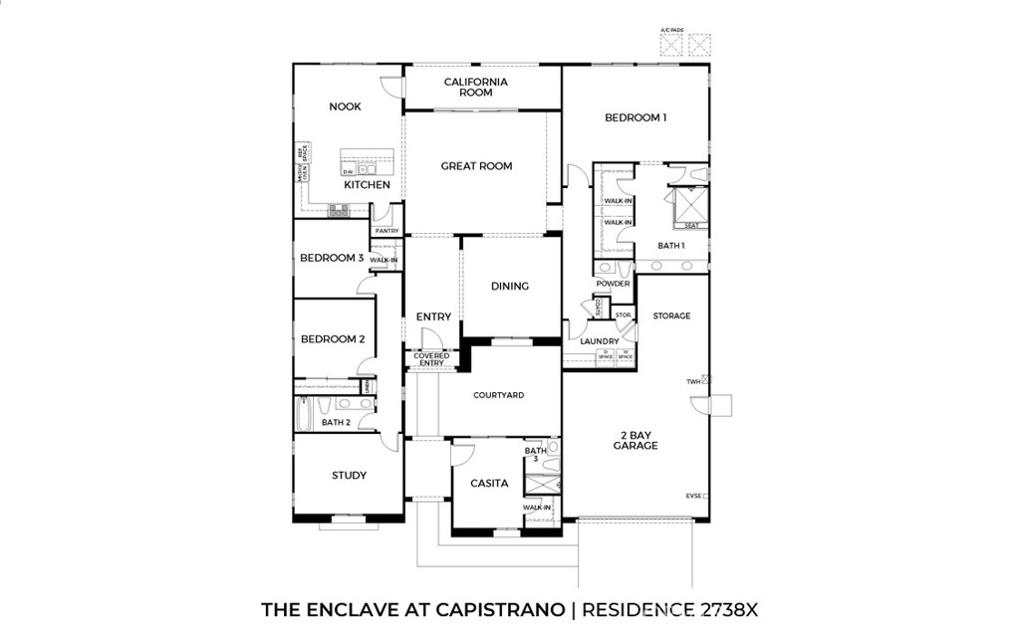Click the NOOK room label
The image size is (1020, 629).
click(345, 106)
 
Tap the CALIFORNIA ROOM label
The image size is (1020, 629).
click(476, 87)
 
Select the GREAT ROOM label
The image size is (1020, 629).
click(476, 166)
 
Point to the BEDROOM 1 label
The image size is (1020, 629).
click(636, 117)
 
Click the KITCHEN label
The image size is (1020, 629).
click(367, 185)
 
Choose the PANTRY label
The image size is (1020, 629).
click(386, 231)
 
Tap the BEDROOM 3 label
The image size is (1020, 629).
click(332, 258)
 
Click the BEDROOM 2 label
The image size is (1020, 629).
click(333, 339)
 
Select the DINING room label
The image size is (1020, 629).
click(510, 287)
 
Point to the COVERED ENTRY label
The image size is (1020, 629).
click(431, 359)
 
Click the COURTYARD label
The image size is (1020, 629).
click(499, 395)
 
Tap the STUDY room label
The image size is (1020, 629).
click(349, 476)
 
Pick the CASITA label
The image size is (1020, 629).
click(489, 484)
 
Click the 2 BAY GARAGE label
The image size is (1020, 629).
click(636, 440)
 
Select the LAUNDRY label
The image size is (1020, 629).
click(601, 341)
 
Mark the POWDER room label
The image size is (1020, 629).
click(613, 284)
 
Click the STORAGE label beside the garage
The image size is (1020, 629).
click(671, 315)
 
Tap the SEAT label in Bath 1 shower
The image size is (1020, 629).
click(690, 226)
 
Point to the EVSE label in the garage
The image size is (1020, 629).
click(693, 495)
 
